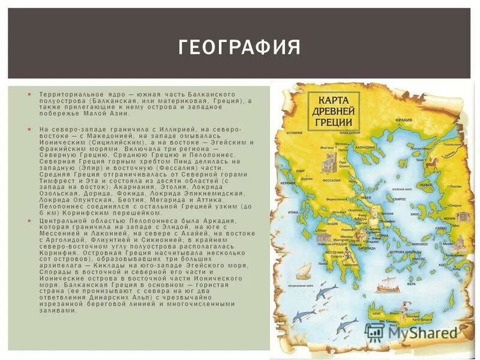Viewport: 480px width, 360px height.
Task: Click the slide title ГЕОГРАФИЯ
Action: click(239, 47)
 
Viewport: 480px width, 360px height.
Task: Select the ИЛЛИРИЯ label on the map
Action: click(294, 133)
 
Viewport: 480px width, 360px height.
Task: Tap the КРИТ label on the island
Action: click(377, 314)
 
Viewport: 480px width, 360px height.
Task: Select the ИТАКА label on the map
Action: click(295, 212)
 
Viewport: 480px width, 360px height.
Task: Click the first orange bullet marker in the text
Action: click(28, 95)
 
